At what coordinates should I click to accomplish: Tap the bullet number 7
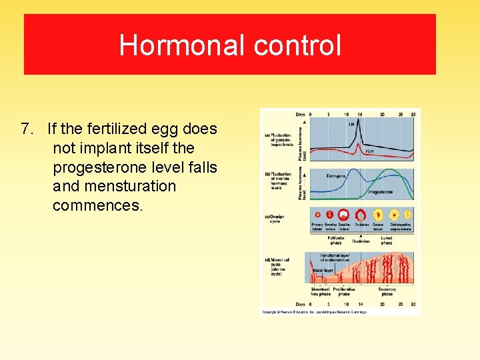26,128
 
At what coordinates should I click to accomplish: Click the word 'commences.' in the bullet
98,205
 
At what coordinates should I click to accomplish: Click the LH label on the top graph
351,123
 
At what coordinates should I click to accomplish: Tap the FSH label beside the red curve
369,151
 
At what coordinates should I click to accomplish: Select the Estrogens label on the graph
336,177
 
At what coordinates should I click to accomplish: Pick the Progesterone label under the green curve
381,192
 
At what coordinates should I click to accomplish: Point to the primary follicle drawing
317,215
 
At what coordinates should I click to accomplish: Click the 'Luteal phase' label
387,240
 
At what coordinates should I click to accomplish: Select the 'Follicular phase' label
336,240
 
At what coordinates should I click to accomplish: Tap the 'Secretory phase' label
387,291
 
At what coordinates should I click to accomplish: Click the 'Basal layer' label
323,269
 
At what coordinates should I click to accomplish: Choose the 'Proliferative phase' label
344,291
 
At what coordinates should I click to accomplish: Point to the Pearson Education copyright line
313,311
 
